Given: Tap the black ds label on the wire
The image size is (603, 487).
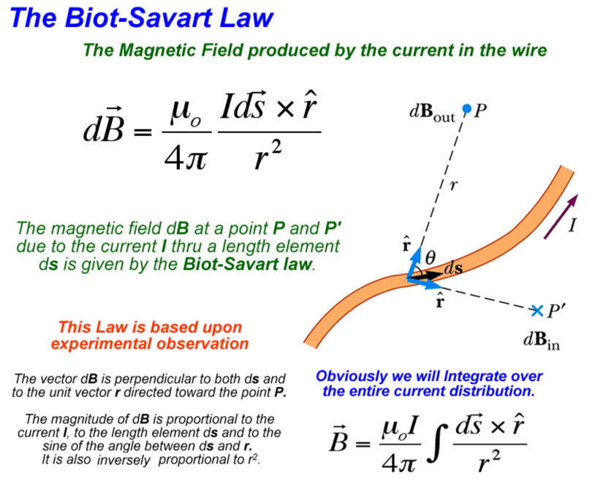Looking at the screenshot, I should [x=453, y=268].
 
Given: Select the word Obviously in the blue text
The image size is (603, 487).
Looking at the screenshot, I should [x=349, y=377].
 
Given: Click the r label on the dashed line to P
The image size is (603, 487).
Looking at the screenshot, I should [x=453, y=186].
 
